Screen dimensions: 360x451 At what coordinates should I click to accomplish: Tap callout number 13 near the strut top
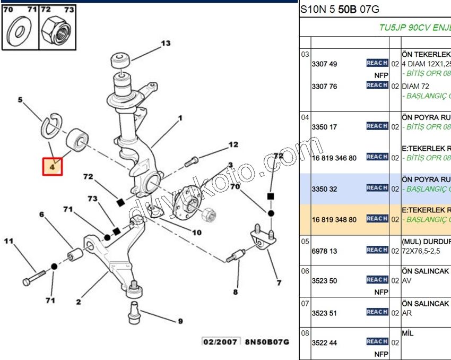166,44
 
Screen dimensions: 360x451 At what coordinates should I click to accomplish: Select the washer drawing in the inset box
20,31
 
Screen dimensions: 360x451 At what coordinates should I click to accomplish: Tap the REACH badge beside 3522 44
377,341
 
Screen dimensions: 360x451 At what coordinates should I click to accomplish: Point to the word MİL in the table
407,333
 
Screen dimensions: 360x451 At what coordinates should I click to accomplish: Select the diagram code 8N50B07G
267,341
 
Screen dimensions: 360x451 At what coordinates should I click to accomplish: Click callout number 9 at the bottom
180,321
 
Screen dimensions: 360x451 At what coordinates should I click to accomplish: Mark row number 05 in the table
305,241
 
